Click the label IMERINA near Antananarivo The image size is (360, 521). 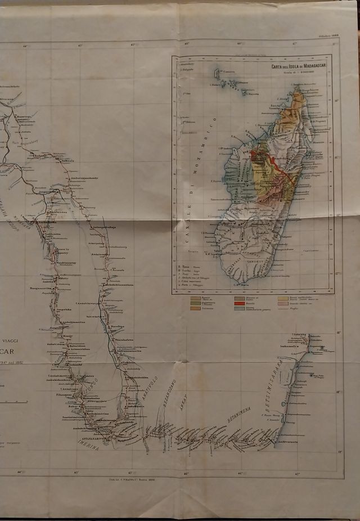(x=88, y=444)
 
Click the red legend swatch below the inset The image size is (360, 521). (x=239, y=303)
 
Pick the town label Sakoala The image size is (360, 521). (x=67, y=160)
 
